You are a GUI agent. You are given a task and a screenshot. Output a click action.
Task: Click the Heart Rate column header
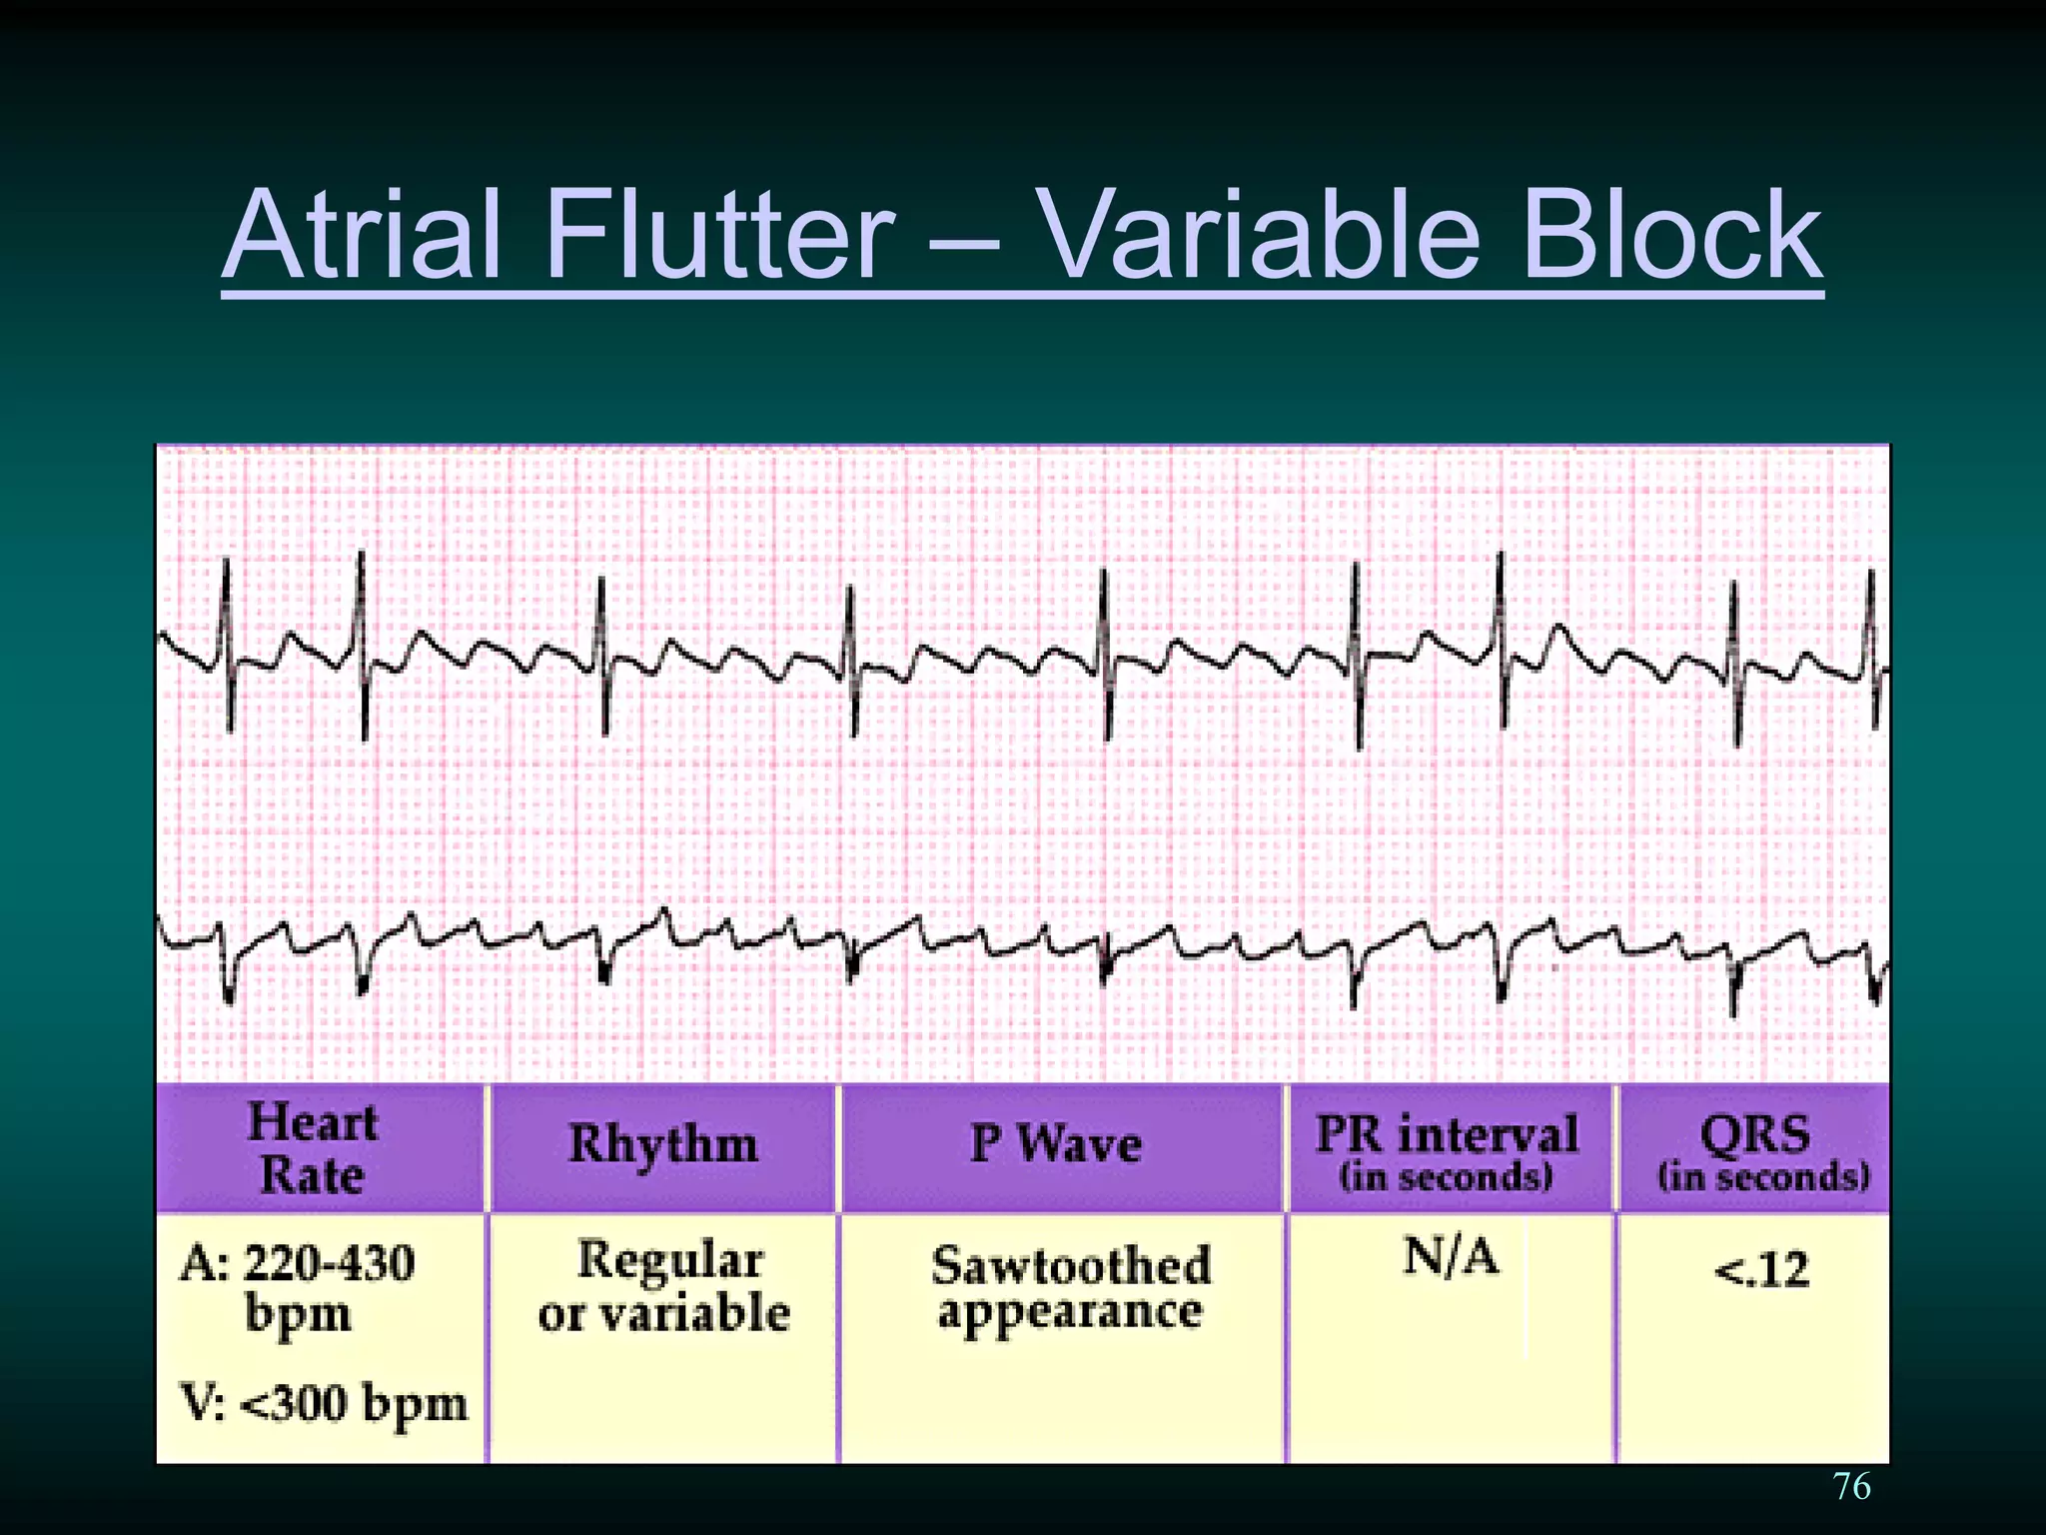(313, 1148)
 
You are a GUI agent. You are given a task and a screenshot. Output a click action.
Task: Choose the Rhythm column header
(662, 1144)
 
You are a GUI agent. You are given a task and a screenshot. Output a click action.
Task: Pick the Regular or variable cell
(664, 1286)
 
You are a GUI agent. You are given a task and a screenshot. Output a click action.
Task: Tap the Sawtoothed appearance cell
(1070, 1288)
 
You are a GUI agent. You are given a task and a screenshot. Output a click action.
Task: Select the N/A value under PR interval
(1451, 1256)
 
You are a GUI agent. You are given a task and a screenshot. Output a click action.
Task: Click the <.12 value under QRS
(1761, 1270)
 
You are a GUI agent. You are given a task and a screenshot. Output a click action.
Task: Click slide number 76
(1852, 1486)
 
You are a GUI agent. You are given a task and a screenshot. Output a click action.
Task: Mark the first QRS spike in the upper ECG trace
(228, 640)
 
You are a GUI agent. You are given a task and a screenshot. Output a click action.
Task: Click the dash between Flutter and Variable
(962, 240)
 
